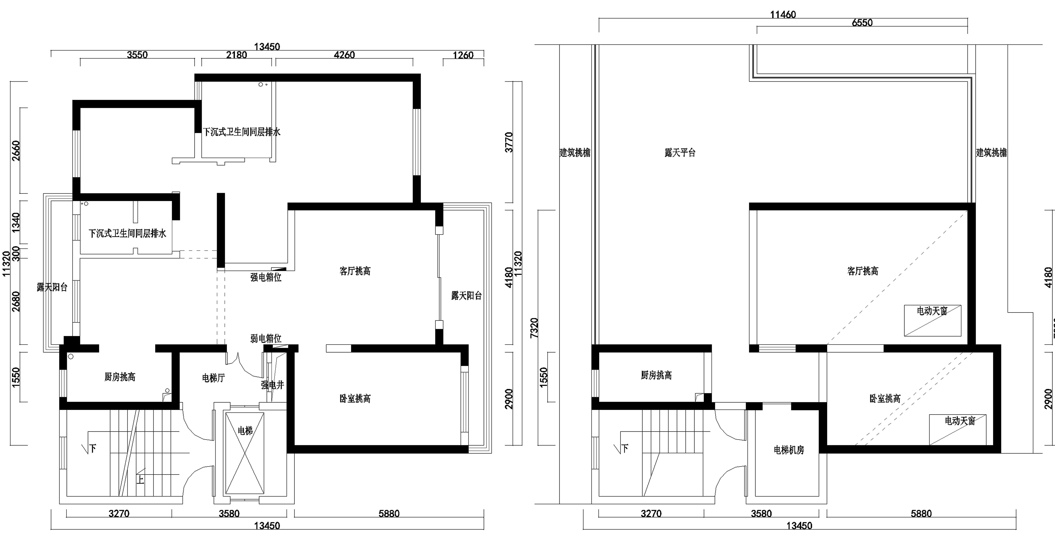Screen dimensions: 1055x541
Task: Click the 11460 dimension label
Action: [783, 15]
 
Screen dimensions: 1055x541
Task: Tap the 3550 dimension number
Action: [137, 55]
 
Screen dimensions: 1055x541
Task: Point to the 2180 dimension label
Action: [237, 55]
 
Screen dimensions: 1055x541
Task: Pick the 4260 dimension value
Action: [344, 55]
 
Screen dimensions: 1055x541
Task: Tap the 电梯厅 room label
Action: [213, 378]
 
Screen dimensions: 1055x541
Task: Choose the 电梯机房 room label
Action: [789, 450]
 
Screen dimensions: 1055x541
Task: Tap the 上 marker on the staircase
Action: [140, 479]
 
